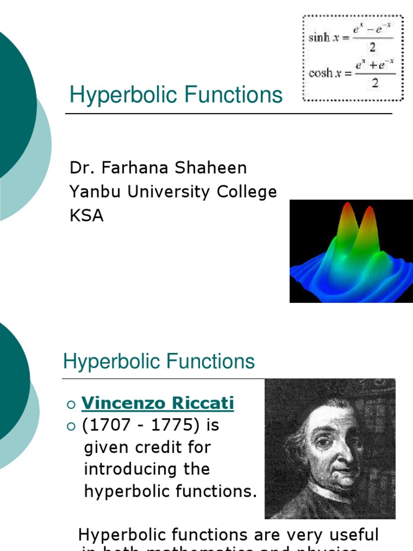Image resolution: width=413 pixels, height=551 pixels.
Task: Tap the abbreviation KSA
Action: pyautogui.click(x=87, y=216)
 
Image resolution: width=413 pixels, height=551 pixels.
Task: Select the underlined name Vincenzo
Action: pyautogui.click(x=123, y=403)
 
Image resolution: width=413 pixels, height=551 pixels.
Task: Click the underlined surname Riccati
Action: pyautogui.click(x=203, y=403)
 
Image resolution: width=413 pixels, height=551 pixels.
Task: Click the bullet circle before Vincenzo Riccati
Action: pyautogui.click(x=70, y=404)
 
